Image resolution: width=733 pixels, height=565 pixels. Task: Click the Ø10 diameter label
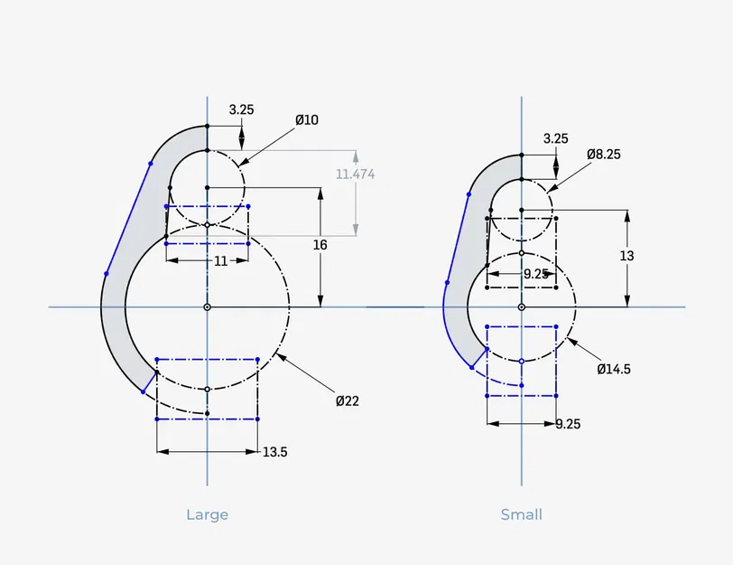tap(307, 120)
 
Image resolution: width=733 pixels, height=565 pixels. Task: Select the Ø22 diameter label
tap(348, 400)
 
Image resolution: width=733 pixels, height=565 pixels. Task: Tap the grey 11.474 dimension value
tap(356, 174)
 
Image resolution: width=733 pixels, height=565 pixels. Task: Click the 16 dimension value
tap(320, 245)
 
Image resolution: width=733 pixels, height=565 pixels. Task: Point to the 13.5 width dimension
tap(274, 452)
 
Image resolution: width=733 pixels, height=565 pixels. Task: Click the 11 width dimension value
tap(220, 260)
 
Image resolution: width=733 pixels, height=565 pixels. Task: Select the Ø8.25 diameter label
tap(604, 154)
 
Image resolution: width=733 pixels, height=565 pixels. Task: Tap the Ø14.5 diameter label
tap(614, 370)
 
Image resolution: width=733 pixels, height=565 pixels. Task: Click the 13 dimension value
tap(626, 256)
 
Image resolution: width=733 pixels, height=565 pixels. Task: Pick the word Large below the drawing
tap(207, 514)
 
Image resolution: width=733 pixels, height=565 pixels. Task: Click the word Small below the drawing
tap(521, 514)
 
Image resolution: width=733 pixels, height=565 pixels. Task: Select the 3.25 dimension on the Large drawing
tap(241, 109)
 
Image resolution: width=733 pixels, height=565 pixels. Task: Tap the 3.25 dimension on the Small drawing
tap(556, 138)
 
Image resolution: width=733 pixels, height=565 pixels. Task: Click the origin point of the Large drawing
tap(207, 307)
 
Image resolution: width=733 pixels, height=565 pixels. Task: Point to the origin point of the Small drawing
tap(522, 307)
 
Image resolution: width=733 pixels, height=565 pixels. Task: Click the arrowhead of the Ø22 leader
tap(281, 357)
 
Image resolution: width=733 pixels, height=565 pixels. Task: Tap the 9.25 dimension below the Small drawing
tap(568, 424)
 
